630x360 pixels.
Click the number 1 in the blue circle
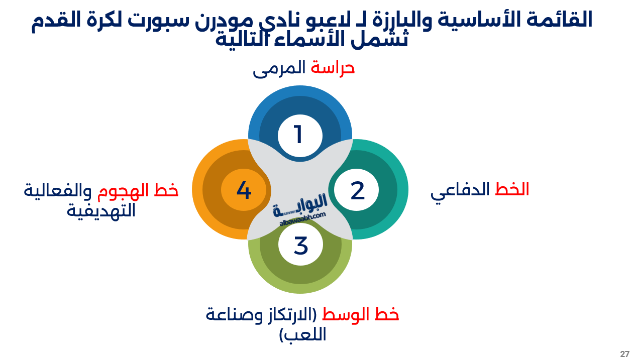(298, 135)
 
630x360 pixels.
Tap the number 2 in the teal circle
(357, 191)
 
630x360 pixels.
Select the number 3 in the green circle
(300, 246)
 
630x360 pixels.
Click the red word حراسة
(333, 68)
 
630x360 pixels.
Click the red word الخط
(512, 189)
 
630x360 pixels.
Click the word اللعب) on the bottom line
(302, 334)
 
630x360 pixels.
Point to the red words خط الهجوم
(138, 190)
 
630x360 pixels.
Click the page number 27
(624, 353)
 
